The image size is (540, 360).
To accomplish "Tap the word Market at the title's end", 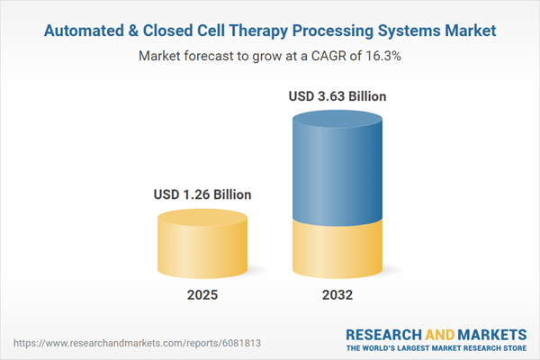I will pyautogui.click(x=472, y=31).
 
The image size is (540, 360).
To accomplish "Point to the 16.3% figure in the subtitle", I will pyautogui.click(x=383, y=55).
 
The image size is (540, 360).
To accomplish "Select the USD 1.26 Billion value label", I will pyautogui.click(x=202, y=193).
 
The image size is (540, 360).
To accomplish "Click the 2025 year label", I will pyautogui.click(x=202, y=295).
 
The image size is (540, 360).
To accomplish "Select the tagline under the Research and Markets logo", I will pyautogui.click(x=436, y=348).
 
